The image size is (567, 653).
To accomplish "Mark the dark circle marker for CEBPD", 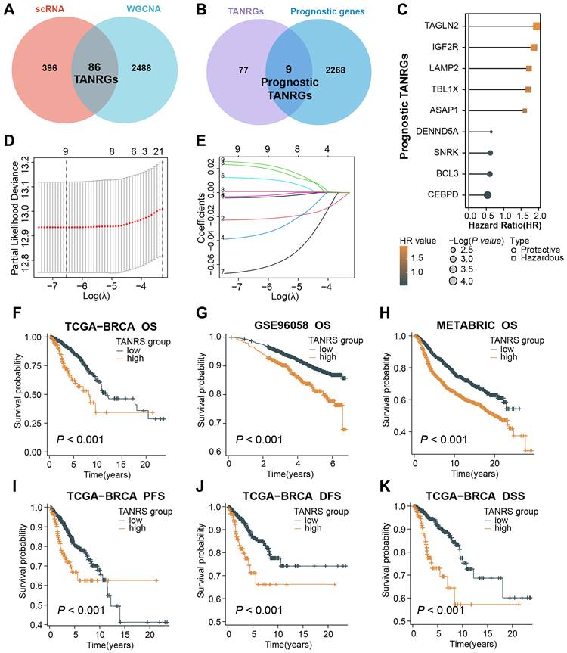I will coord(488,194).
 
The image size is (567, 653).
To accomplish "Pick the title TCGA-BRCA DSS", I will coord(469,482).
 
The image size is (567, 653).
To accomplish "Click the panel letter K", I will coord(386,482).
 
